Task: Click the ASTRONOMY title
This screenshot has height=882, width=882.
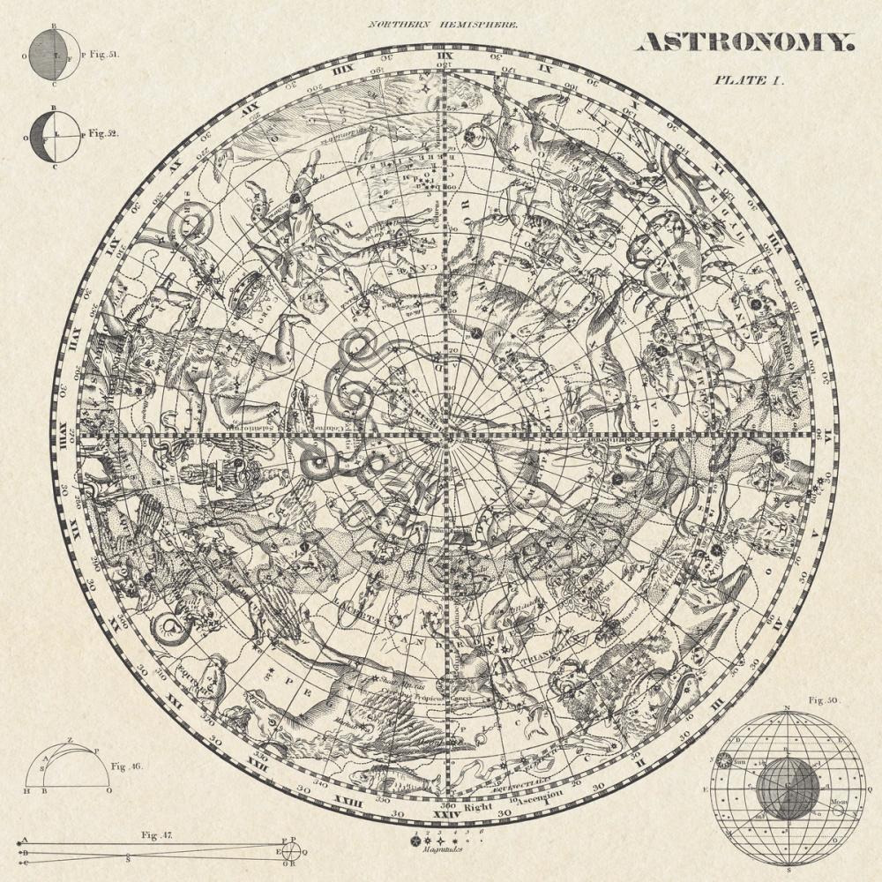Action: click(x=745, y=41)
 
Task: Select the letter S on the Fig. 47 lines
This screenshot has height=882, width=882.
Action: click(x=129, y=856)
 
